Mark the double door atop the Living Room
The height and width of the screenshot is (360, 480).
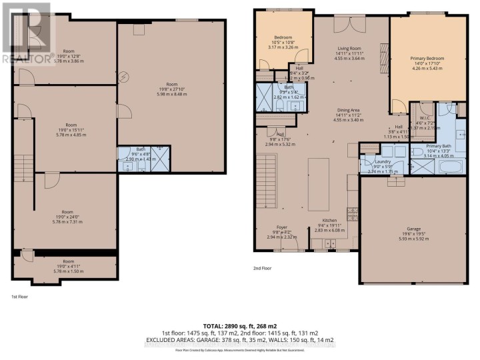(x=345, y=25)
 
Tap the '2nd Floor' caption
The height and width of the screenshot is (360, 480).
(x=262, y=268)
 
